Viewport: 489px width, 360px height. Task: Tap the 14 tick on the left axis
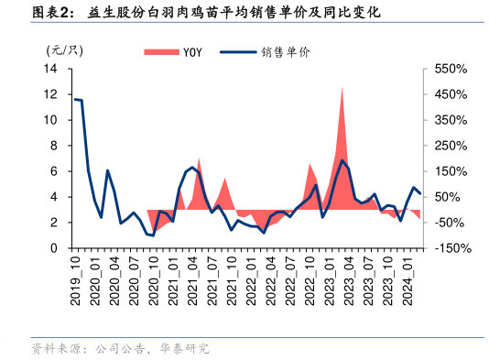(x=50, y=69)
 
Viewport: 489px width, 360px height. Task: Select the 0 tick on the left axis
(x=54, y=248)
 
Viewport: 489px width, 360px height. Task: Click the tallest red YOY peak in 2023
(x=342, y=88)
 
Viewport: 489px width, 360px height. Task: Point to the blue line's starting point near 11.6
(x=75, y=99)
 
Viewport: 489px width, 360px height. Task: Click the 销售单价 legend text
(x=287, y=51)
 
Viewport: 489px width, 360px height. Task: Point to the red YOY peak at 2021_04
(x=199, y=159)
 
